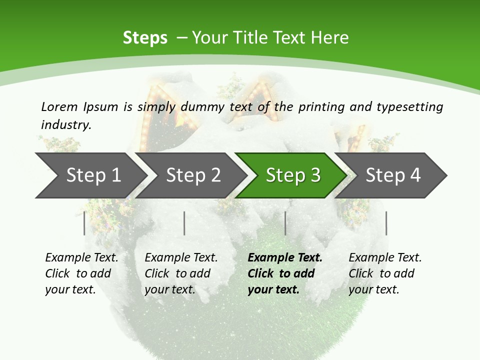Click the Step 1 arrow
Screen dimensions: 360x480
click(x=92, y=175)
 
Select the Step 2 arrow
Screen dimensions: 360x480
click(x=193, y=175)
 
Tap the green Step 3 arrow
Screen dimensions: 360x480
click(x=293, y=175)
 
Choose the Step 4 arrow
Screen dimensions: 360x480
click(x=393, y=175)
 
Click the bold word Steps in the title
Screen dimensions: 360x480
click(x=145, y=38)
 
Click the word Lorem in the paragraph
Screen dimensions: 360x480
click(x=59, y=106)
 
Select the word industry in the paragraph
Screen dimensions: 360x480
click(x=66, y=125)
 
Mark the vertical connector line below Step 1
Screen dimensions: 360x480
click(x=84, y=223)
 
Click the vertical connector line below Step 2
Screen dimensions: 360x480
click(x=184, y=223)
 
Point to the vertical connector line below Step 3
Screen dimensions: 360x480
click(x=285, y=223)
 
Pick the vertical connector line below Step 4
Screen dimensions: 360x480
click(x=386, y=223)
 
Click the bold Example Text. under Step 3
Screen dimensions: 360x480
click(x=285, y=258)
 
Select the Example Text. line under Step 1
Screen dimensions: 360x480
click(x=81, y=258)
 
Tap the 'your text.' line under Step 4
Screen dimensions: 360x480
click(x=373, y=289)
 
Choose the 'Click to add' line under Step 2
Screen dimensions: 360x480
click(x=177, y=273)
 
